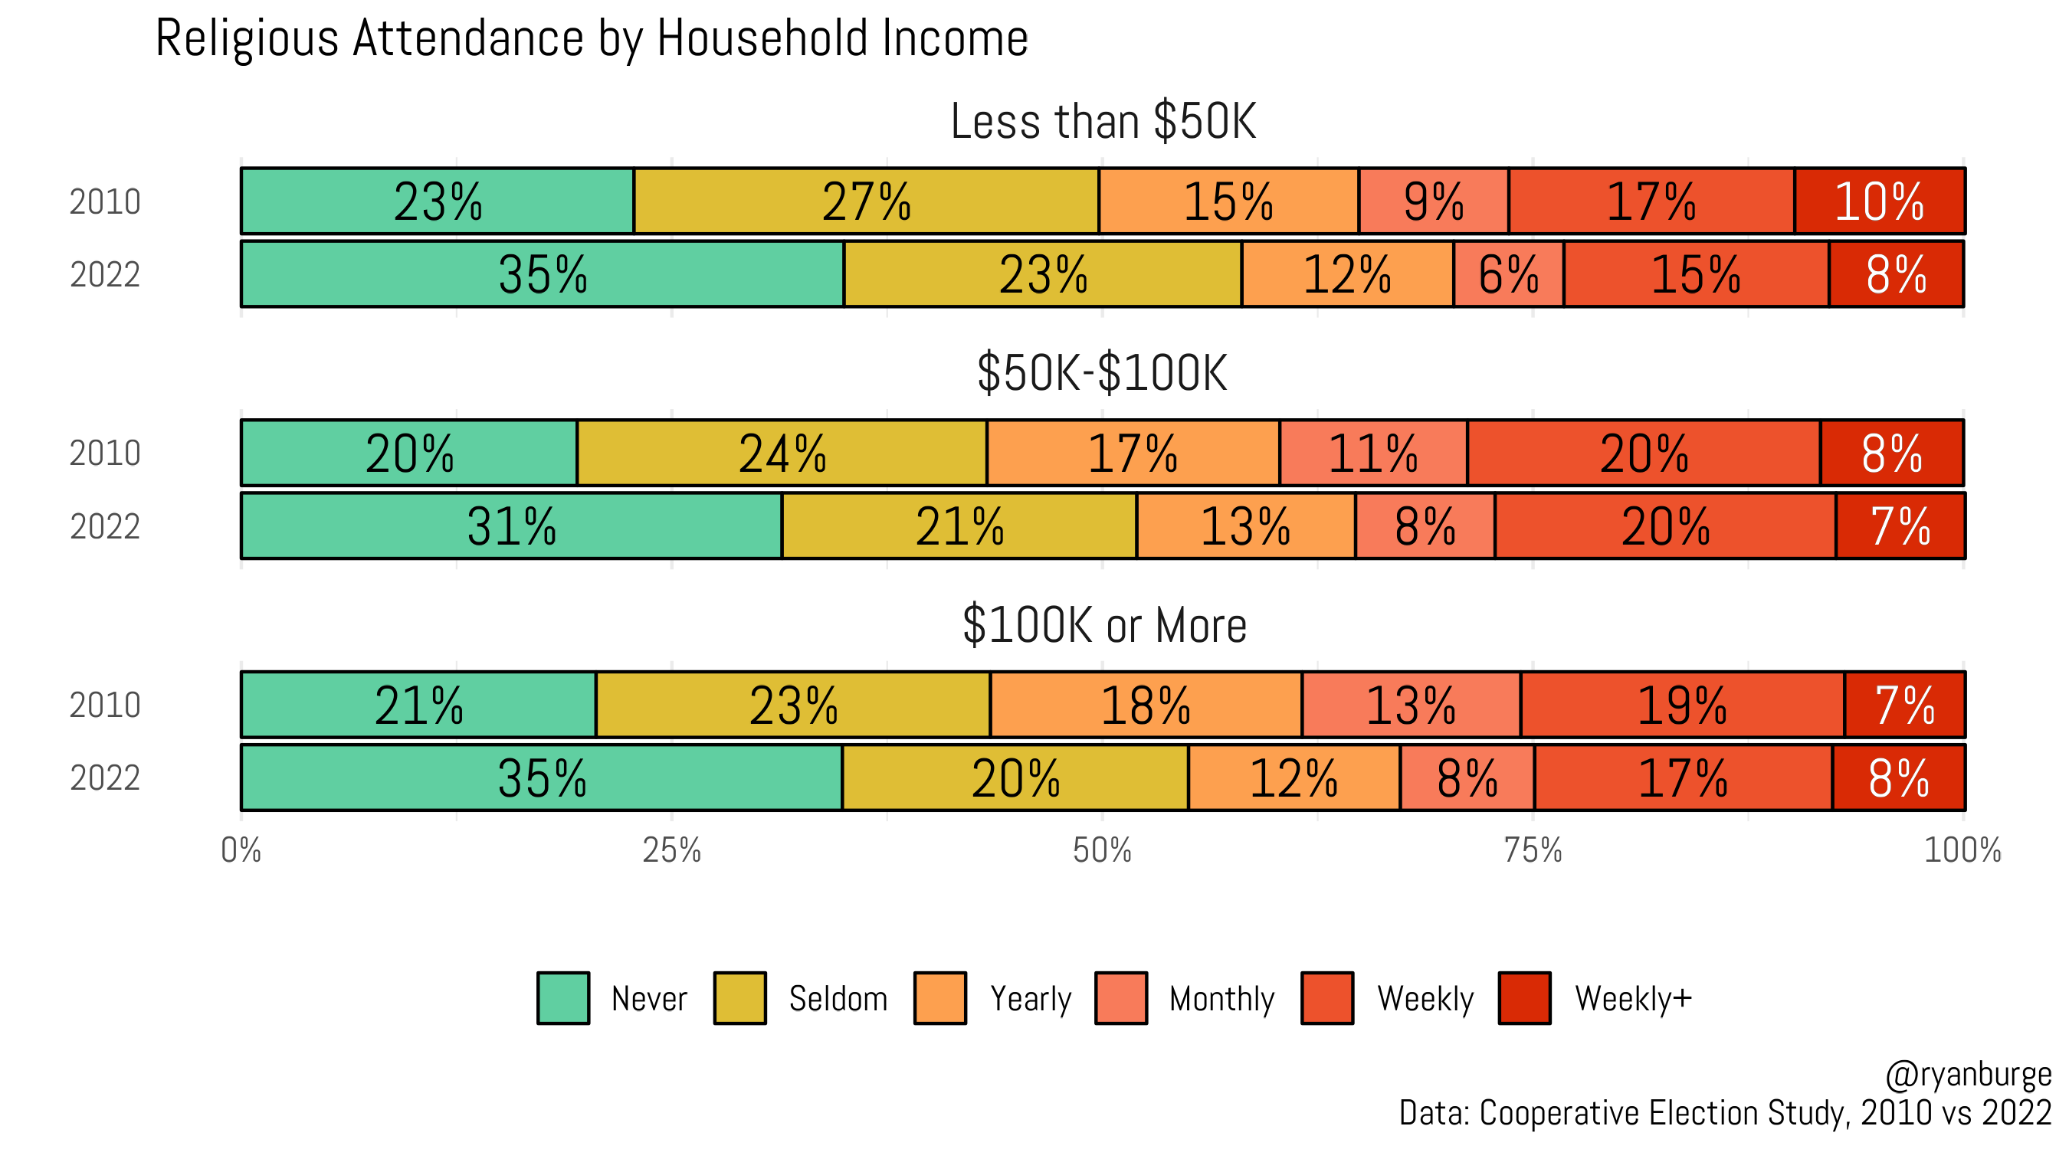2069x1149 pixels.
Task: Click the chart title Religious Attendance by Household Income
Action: (591, 38)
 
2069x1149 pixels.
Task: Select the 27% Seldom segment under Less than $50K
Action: (866, 201)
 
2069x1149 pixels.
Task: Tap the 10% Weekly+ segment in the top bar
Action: (1880, 201)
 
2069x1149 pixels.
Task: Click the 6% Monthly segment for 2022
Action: (1508, 274)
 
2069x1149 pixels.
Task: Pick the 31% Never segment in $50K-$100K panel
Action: (511, 526)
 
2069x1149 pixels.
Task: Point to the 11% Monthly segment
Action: (1372, 453)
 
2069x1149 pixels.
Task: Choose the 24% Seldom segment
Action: (782, 453)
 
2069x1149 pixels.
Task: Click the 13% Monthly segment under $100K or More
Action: (1411, 705)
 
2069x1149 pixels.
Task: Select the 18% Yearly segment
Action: (1146, 705)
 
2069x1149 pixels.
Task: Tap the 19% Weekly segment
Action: (1682, 705)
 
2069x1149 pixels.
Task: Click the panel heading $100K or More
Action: (1103, 625)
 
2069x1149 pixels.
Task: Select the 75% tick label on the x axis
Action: (1533, 850)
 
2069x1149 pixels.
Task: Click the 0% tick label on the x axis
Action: (241, 850)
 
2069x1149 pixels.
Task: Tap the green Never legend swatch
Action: (563, 998)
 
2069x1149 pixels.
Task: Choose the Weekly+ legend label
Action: (1633, 998)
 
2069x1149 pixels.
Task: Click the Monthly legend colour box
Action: (1120, 998)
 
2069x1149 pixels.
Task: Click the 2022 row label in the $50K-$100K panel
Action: (105, 527)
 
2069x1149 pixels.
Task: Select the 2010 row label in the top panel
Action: (105, 201)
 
